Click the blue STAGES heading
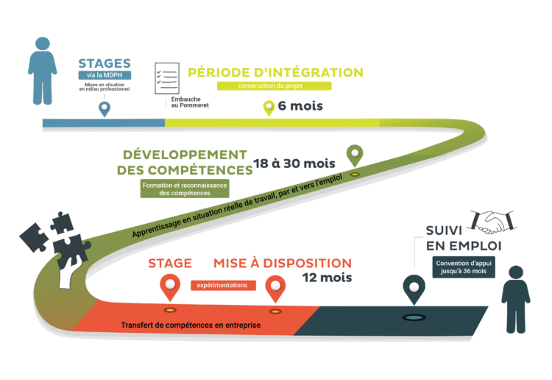tap(105, 63)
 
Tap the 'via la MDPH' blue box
tap(105, 76)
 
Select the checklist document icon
tap(166, 77)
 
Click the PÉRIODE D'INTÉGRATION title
tap(275, 72)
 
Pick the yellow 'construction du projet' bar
tap(274, 85)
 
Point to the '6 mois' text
tap(300, 106)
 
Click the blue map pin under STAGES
tap(105, 108)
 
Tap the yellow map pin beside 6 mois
tap(269, 107)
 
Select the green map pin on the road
tap(355, 155)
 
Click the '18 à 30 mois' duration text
tap(294, 163)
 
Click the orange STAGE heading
tap(170, 263)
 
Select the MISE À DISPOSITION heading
tap(282, 263)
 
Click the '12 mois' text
tap(326, 278)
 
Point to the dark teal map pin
tap(414, 287)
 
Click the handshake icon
tap(493, 220)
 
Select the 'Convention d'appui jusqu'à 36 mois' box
tap(464, 267)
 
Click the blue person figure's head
tap(43, 46)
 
